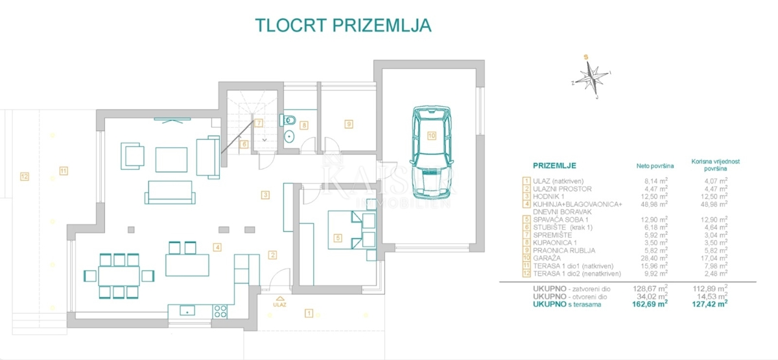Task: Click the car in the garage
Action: coord(430,153)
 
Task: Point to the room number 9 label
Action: coord(348,123)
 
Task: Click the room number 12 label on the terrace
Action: coord(24,176)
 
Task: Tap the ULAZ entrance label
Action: coord(279,304)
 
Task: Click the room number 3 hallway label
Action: coord(265,194)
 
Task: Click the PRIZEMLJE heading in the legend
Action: coord(554,166)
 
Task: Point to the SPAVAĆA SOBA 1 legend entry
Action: coord(562,221)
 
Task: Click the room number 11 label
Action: coord(63,171)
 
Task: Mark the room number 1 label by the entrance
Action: coord(309,313)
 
